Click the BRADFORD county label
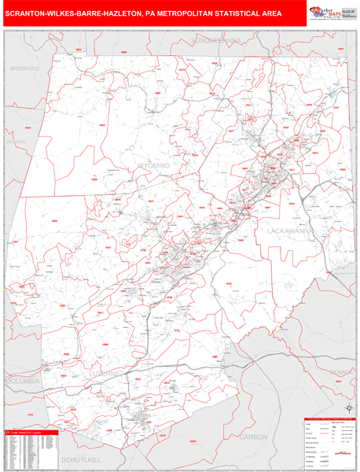click(x=24, y=69)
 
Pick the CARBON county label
click(x=254, y=435)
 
